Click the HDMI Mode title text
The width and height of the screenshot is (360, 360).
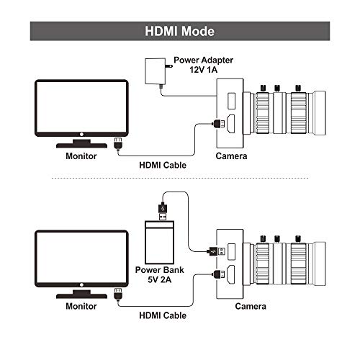pyautogui.click(x=179, y=32)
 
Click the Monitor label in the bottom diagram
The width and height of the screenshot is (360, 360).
pyautogui.click(x=81, y=305)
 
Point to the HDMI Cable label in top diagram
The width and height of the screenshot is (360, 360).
pyautogui.click(x=163, y=165)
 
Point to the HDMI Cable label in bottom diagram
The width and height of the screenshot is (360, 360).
pyautogui.click(x=163, y=315)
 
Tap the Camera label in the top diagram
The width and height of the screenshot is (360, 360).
pyautogui.click(x=232, y=156)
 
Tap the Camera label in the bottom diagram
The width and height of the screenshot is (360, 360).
pyautogui.click(x=232, y=305)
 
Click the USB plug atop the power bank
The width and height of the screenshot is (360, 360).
pyautogui.click(x=163, y=211)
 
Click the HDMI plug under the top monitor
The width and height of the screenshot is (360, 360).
pyautogui.click(x=118, y=143)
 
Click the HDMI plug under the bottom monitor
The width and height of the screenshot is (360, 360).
pyautogui.click(x=118, y=293)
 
